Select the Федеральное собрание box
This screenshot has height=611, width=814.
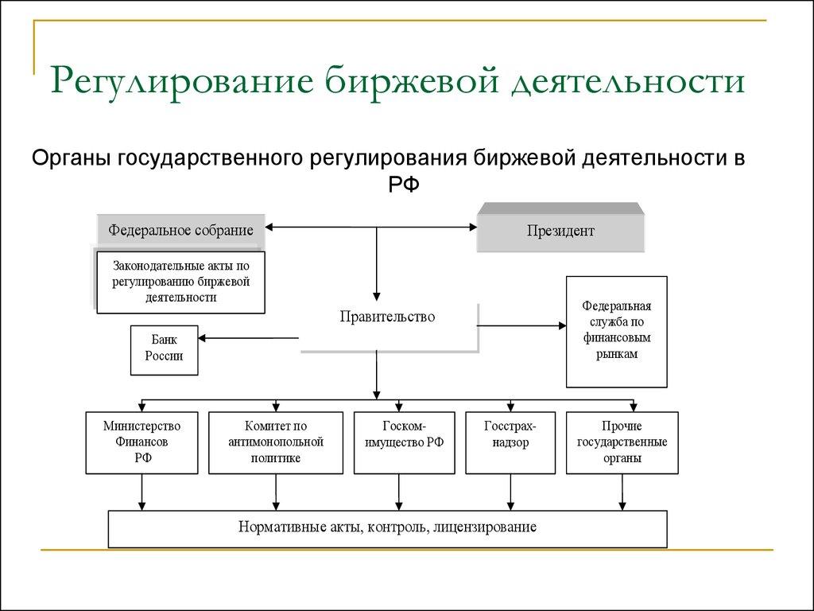pyautogui.click(x=181, y=230)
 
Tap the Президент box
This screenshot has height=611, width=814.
pyautogui.click(x=560, y=232)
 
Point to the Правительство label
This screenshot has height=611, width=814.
pyautogui.click(x=387, y=317)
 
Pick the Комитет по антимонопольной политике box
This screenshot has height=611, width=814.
pyautogui.click(x=275, y=442)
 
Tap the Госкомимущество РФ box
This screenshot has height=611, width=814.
pyautogui.click(x=405, y=442)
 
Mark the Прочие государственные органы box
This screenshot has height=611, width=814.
pyautogui.click(x=622, y=442)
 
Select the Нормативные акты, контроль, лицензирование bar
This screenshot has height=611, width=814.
pyautogui.click(x=387, y=527)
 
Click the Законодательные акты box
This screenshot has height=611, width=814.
pyautogui.click(x=181, y=282)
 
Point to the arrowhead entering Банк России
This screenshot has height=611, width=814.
pyautogui.click(x=203, y=339)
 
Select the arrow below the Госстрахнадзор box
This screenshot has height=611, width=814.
pyautogui.click(x=509, y=503)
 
